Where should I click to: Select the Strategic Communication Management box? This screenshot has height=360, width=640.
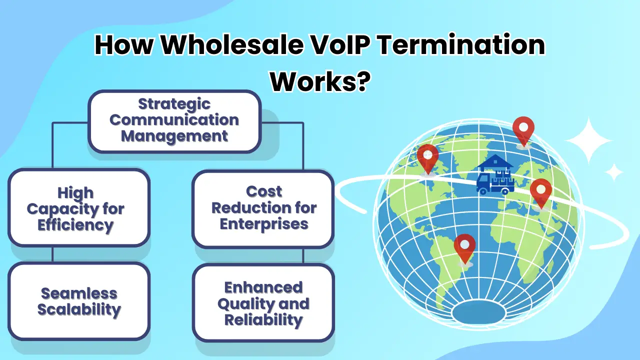pos(174,121)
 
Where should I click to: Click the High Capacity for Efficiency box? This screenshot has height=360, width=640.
pos(79,208)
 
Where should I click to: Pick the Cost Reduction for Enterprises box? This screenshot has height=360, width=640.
pos(263,208)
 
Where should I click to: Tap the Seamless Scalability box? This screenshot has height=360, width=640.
pos(79,301)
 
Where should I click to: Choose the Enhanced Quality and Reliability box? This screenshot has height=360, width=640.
pos(263,303)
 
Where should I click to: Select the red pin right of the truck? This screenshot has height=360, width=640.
pos(540,192)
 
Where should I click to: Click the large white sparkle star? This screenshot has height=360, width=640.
pos(588,141)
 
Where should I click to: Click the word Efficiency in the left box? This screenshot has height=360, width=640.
pos(76,225)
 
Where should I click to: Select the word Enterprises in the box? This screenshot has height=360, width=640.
pos(263,224)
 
